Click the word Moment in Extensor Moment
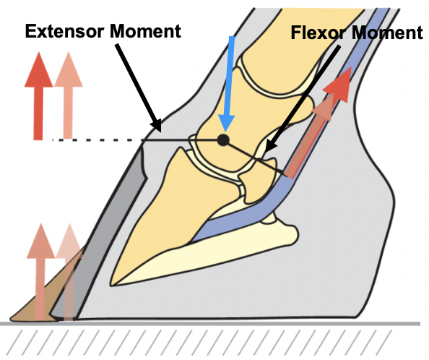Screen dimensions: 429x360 145,32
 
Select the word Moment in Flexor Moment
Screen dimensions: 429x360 386,33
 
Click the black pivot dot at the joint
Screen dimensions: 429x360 223,140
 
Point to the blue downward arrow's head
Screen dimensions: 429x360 226,123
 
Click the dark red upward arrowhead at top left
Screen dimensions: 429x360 38,70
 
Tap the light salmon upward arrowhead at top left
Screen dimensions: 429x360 69,70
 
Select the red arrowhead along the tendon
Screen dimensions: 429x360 339,84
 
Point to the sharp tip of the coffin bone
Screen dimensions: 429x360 111,286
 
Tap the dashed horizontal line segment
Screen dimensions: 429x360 97,140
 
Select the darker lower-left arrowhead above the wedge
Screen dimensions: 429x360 40,241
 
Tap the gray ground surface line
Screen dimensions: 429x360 210,324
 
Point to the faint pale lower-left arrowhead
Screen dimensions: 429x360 70,241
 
